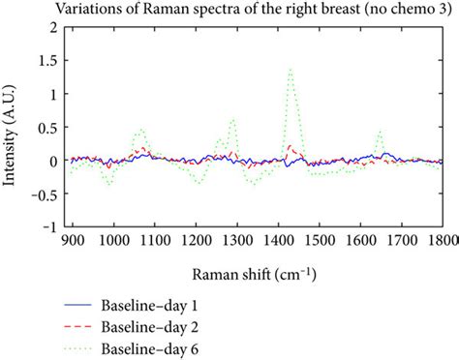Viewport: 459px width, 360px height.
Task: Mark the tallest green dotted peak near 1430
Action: tap(291, 70)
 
